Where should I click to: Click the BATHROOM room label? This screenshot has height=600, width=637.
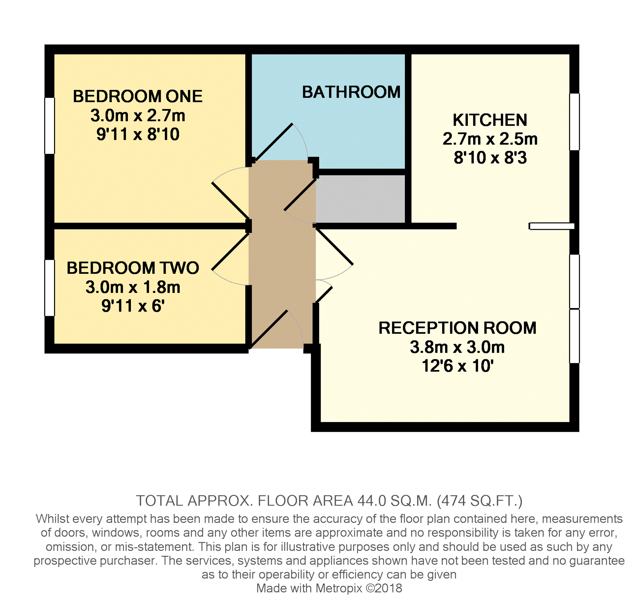pos(351,92)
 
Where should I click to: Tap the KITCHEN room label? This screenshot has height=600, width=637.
pos(490,120)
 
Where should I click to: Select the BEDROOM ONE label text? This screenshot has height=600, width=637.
pos(138,96)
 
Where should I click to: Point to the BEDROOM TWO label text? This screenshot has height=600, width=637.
pos(133,268)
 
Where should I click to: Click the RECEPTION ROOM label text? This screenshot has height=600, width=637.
pos(457,328)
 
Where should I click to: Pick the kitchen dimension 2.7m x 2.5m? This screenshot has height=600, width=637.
pos(490,139)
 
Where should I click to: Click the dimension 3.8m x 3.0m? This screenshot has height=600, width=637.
pos(457,347)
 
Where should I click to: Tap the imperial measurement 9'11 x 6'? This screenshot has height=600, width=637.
pos(133,306)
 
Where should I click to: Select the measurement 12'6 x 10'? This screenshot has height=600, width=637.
pos(457,366)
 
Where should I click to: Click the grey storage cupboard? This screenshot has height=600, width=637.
pos(360,199)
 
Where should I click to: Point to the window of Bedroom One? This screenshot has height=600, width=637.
pos(50,126)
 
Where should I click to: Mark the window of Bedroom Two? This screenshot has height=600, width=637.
pos(50,288)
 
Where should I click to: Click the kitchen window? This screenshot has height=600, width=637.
pos(574,122)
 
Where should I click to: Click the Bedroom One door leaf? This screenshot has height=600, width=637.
pos(231,201)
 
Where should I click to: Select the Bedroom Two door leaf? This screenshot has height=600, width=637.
pos(231,251)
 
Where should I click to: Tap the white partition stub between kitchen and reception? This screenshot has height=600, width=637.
pos(551,226)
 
